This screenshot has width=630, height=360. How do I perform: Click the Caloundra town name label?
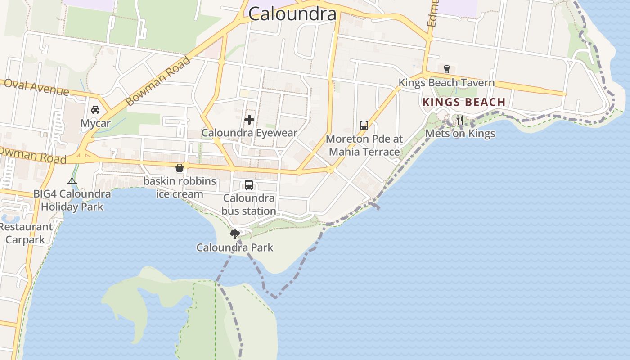[x=292, y=13]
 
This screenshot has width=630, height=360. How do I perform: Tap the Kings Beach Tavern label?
[x=446, y=83]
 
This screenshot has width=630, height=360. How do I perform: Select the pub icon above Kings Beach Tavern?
[x=446, y=69]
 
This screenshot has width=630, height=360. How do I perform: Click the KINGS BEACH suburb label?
[x=464, y=102]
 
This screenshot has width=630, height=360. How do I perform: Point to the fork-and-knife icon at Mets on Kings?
[x=459, y=120]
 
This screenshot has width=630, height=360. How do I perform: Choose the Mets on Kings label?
[x=460, y=133]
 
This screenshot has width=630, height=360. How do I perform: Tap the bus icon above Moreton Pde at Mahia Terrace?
[x=364, y=126]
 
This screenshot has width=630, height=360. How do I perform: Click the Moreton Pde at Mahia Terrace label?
[x=364, y=145]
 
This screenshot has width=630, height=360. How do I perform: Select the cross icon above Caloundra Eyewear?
[x=249, y=119]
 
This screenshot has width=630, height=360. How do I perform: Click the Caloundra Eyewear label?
[x=249, y=133]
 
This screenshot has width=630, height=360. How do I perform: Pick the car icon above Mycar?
[x=95, y=109]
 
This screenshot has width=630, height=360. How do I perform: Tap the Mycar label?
[x=95, y=123]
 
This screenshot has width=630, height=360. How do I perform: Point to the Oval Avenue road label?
[x=36, y=87]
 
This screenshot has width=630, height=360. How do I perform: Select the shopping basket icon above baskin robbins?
[x=180, y=168]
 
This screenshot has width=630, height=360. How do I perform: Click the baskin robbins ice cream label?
[x=180, y=188]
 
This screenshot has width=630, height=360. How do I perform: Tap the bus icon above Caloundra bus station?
[x=249, y=184]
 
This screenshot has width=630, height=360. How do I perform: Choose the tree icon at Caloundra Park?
[x=234, y=234]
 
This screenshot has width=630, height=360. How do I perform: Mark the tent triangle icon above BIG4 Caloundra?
[x=72, y=181]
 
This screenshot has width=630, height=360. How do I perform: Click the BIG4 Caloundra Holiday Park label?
[x=72, y=200]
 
